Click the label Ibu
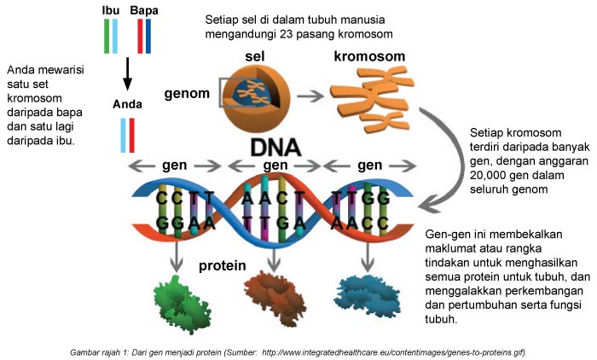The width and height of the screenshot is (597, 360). [110, 9]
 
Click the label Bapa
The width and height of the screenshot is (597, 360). [145, 9]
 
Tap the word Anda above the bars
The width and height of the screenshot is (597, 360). [126, 105]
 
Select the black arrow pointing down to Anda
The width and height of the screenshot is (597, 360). [127, 74]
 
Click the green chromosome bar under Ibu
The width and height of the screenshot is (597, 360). [107, 35]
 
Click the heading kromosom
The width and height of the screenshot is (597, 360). [368, 57]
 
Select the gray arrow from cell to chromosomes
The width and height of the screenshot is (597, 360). [315, 96]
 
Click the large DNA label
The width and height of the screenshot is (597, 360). [275, 146]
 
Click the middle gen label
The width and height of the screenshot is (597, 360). [275, 165]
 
